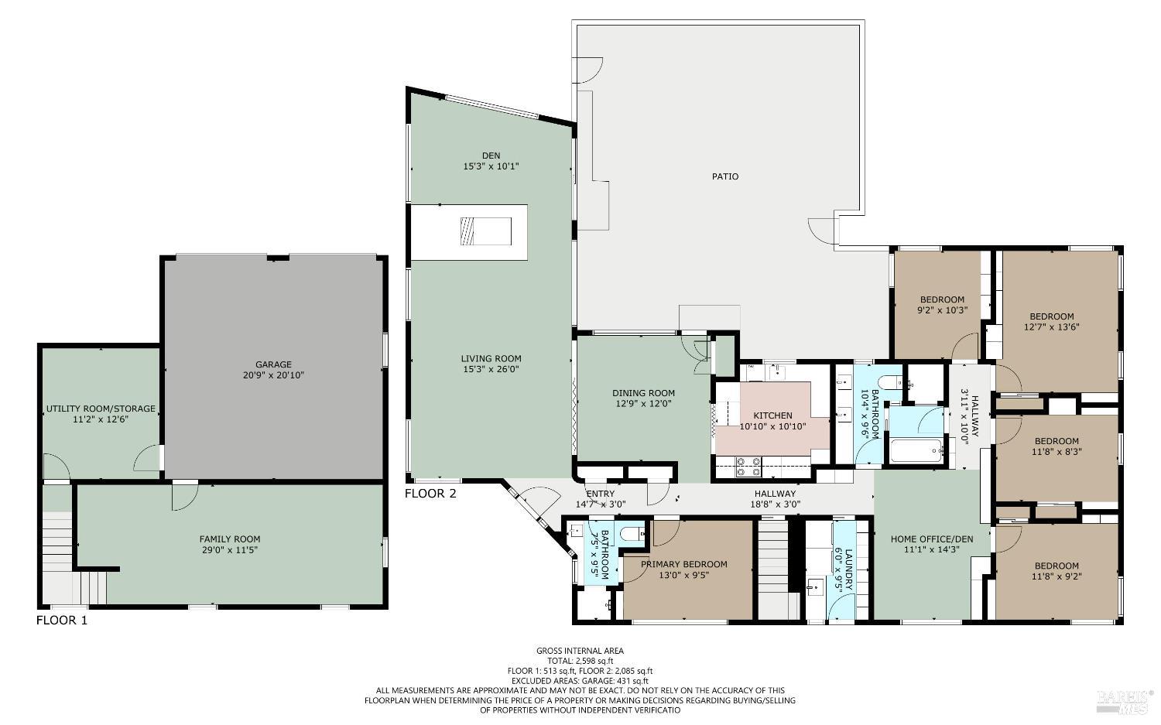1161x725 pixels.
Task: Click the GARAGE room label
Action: [x=273, y=364]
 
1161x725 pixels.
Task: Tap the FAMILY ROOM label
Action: [x=229, y=539]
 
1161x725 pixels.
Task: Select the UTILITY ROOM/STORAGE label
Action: [x=101, y=409]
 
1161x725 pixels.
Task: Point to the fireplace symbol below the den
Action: [x=485, y=231]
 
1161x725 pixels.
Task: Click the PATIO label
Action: [x=724, y=176]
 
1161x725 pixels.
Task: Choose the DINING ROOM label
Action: [x=643, y=393]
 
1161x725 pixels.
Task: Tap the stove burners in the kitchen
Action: [x=748, y=465]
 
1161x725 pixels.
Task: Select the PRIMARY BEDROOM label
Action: [x=684, y=564]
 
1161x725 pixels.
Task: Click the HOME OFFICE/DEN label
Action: [x=931, y=539]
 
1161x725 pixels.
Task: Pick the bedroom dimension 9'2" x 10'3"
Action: [x=942, y=310]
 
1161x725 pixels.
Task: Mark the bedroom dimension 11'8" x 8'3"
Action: [x=1056, y=452]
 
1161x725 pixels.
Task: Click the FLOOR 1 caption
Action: [x=62, y=620]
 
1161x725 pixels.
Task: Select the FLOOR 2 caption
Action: [x=430, y=494]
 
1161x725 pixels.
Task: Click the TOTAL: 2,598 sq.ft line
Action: [x=580, y=661]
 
